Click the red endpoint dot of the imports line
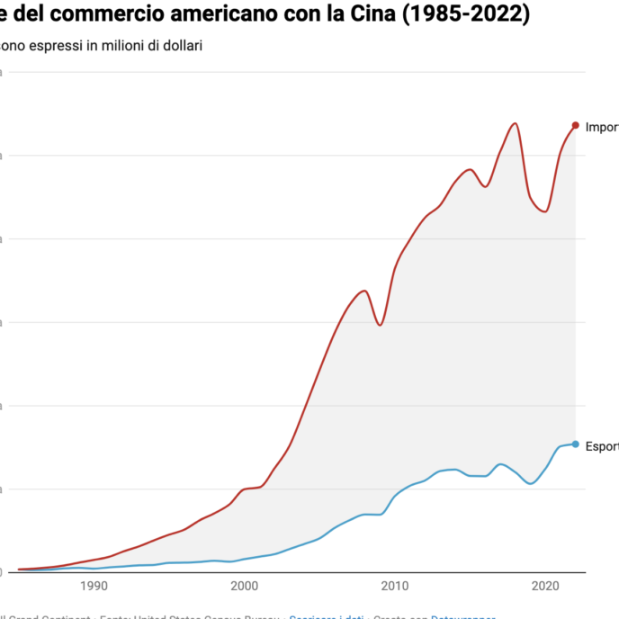[575, 125]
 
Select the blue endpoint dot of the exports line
[575, 444]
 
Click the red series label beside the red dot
[601, 127]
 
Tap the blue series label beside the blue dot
[601, 445]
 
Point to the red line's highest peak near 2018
[515, 123]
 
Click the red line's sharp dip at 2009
[380, 325]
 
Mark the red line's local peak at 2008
[364, 291]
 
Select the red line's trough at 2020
[545, 211]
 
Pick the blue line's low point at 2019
[531, 484]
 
